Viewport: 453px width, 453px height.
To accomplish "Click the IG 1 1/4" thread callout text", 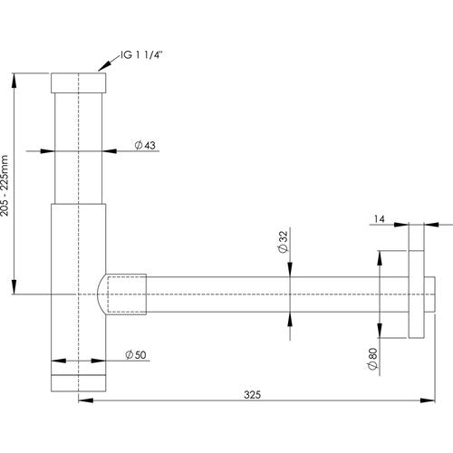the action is (x=141, y=55).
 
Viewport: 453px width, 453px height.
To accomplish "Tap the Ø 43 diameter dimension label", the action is (x=145, y=145).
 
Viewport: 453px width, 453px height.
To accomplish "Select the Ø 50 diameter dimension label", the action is (x=136, y=355).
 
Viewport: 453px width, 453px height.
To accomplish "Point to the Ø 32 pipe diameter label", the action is (x=283, y=242).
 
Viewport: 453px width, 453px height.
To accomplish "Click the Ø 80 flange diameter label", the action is (x=373, y=359).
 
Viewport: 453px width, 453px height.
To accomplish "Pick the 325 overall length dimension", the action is (x=252, y=395).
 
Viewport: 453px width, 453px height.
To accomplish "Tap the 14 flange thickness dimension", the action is (x=379, y=219).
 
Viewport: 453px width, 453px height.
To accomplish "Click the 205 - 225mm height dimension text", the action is (x=5, y=186).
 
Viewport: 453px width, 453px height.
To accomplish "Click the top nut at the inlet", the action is (x=79, y=82).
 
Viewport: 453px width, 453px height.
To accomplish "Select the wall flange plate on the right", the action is (x=417, y=294).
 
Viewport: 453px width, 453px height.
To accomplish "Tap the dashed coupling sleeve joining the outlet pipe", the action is (x=127, y=294).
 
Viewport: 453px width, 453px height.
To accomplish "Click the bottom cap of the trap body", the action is (x=79, y=383).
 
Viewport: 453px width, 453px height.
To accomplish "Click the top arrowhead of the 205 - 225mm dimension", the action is (x=14, y=81).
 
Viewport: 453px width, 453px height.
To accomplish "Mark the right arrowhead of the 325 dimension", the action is (x=428, y=400).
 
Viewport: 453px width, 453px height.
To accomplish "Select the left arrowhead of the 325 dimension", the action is (x=86, y=400).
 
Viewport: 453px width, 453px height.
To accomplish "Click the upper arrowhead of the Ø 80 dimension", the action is (x=380, y=258).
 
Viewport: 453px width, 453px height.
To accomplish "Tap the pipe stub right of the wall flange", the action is (x=429, y=294).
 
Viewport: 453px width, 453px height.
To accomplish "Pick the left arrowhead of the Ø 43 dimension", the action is (x=47, y=150).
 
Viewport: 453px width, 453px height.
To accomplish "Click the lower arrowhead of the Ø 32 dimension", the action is (x=290, y=320).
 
